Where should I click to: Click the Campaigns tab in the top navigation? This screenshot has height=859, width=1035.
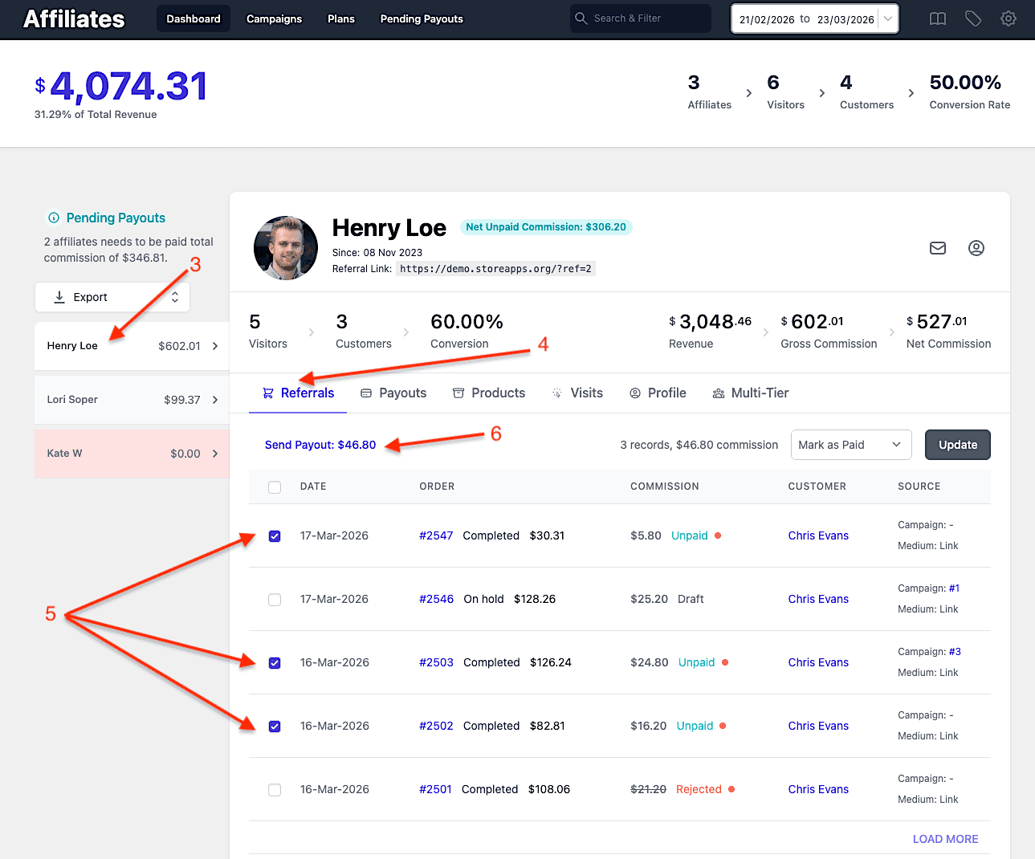pyautogui.click(x=274, y=18)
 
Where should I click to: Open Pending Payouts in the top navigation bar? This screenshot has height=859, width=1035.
pyautogui.click(x=422, y=18)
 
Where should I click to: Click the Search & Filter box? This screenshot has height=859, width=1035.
pyautogui.click(x=640, y=18)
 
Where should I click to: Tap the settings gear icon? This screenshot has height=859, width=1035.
pyautogui.click(x=1008, y=18)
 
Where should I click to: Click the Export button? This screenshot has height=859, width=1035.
pyautogui.click(x=112, y=297)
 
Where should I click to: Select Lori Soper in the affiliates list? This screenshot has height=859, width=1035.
pyautogui.click(x=132, y=400)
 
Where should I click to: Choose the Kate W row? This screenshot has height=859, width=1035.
pyautogui.click(x=132, y=453)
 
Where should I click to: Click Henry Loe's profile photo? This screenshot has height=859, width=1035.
pyautogui.click(x=286, y=247)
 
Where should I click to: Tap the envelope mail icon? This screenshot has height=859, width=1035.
pyautogui.click(x=937, y=248)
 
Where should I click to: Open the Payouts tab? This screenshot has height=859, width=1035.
pyautogui.click(x=393, y=393)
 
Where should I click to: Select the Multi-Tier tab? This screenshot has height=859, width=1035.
pyautogui.click(x=751, y=393)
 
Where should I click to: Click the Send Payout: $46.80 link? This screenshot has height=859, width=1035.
pyautogui.click(x=320, y=445)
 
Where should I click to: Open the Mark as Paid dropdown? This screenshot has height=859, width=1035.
pyautogui.click(x=850, y=445)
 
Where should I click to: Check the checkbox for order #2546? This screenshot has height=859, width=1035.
pyautogui.click(x=275, y=599)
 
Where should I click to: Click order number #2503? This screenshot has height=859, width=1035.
pyautogui.click(x=436, y=662)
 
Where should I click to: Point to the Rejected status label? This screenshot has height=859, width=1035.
pyautogui.click(x=699, y=789)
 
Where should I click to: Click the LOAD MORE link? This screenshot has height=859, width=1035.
pyautogui.click(x=945, y=839)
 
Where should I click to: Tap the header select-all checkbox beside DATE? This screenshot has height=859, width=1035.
pyautogui.click(x=275, y=486)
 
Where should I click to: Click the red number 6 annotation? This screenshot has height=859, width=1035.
pyautogui.click(x=496, y=434)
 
